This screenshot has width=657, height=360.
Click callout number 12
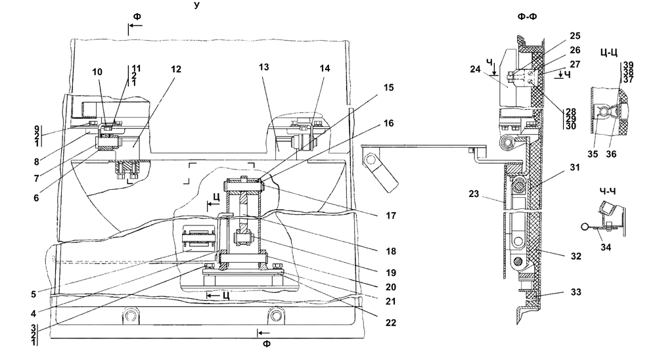coord(176,69)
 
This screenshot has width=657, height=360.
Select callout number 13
coord(263,67)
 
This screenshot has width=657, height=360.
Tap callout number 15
coord(389,87)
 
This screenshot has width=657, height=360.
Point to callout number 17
coord(391,216)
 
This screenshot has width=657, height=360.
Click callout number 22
coord(391,323)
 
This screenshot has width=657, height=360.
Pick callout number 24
coord(475,69)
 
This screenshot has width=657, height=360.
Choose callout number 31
coord(576,168)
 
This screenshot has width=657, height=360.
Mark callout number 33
coord(576,292)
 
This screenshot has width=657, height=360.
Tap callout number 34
coord(606,247)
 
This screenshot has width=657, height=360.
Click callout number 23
coord(474,194)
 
